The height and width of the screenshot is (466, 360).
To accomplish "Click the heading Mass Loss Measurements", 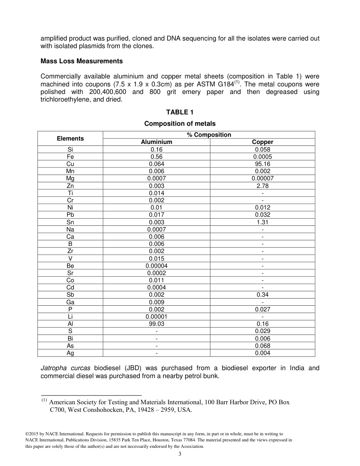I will coord(81,61).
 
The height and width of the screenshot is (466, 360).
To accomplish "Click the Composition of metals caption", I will coord(180,124).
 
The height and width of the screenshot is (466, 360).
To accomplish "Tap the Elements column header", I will coord(70,138).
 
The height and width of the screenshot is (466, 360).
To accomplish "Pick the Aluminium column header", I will coord(157,142).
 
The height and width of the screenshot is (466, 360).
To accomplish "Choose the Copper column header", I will coord(263,142).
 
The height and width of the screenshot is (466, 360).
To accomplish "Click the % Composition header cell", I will coord(209,135).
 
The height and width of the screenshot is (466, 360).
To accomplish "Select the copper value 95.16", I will coord(263,164).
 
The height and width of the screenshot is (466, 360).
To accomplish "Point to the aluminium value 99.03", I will coord(157,324).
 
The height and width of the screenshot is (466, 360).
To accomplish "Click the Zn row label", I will coord(70,186).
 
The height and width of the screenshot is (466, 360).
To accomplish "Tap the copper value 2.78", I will coord(263,186).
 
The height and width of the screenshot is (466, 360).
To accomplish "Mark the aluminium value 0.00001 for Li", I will coord(157,317).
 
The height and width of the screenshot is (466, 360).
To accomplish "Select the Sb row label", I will coord(70,295).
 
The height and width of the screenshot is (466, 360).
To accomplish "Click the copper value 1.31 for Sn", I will coord(263,222).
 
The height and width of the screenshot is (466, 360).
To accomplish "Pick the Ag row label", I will coord(70,353).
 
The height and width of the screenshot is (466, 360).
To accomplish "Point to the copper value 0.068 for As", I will coord(263,346).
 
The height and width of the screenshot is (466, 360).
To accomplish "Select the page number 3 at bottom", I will coord(180,454).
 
